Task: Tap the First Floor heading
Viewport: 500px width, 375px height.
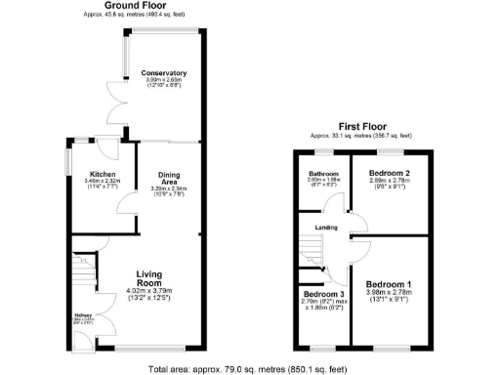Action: pyautogui.click(x=361, y=127)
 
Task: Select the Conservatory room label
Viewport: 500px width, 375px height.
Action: pyautogui.click(x=164, y=73)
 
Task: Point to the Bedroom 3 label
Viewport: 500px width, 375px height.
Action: pyautogui.click(x=321, y=293)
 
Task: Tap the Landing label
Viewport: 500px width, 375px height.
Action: pyautogui.click(x=325, y=229)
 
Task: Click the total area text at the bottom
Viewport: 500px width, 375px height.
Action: pyautogui.click(x=250, y=368)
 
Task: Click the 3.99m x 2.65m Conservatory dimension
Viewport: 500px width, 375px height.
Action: pyautogui.click(x=164, y=81)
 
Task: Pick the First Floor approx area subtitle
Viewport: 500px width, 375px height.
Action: pyautogui.click(x=361, y=136)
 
